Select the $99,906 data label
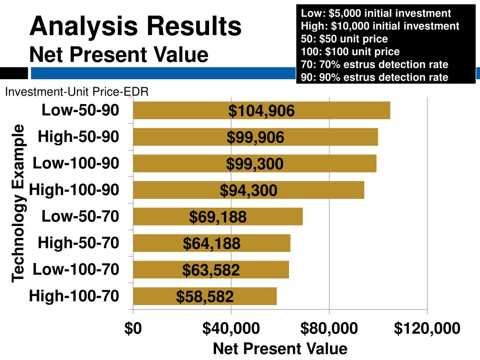(x=255, y=137)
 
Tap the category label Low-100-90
(x=76, y=163)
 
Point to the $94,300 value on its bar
(x=248, y=191)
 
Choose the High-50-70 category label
(x=78, y=243)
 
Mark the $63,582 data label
(x=211, y=270)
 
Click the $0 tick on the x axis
(x=133, y=329)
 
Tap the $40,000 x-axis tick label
(x=231, y=329)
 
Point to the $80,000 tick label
(x=329, y=329)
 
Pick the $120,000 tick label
(x=427, y=329)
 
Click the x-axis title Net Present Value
(x=280, y=349)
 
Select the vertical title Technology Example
(x=18, y=203)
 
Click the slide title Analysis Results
(x=135, y=26)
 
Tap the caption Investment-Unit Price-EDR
(x=77, y=92)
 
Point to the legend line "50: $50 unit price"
(x=344, y=39)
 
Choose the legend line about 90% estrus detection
(x=375, y=77)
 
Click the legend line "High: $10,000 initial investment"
(x=380, y=26)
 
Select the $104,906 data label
(x=262, y=111)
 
